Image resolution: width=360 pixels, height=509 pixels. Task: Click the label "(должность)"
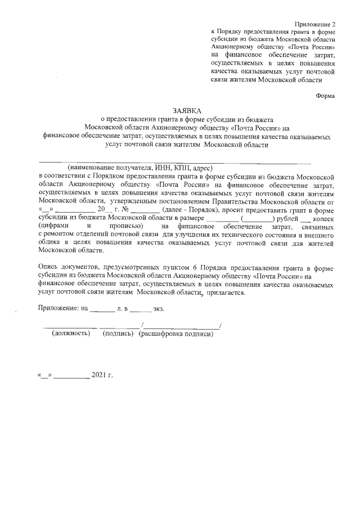click(71, 333)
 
